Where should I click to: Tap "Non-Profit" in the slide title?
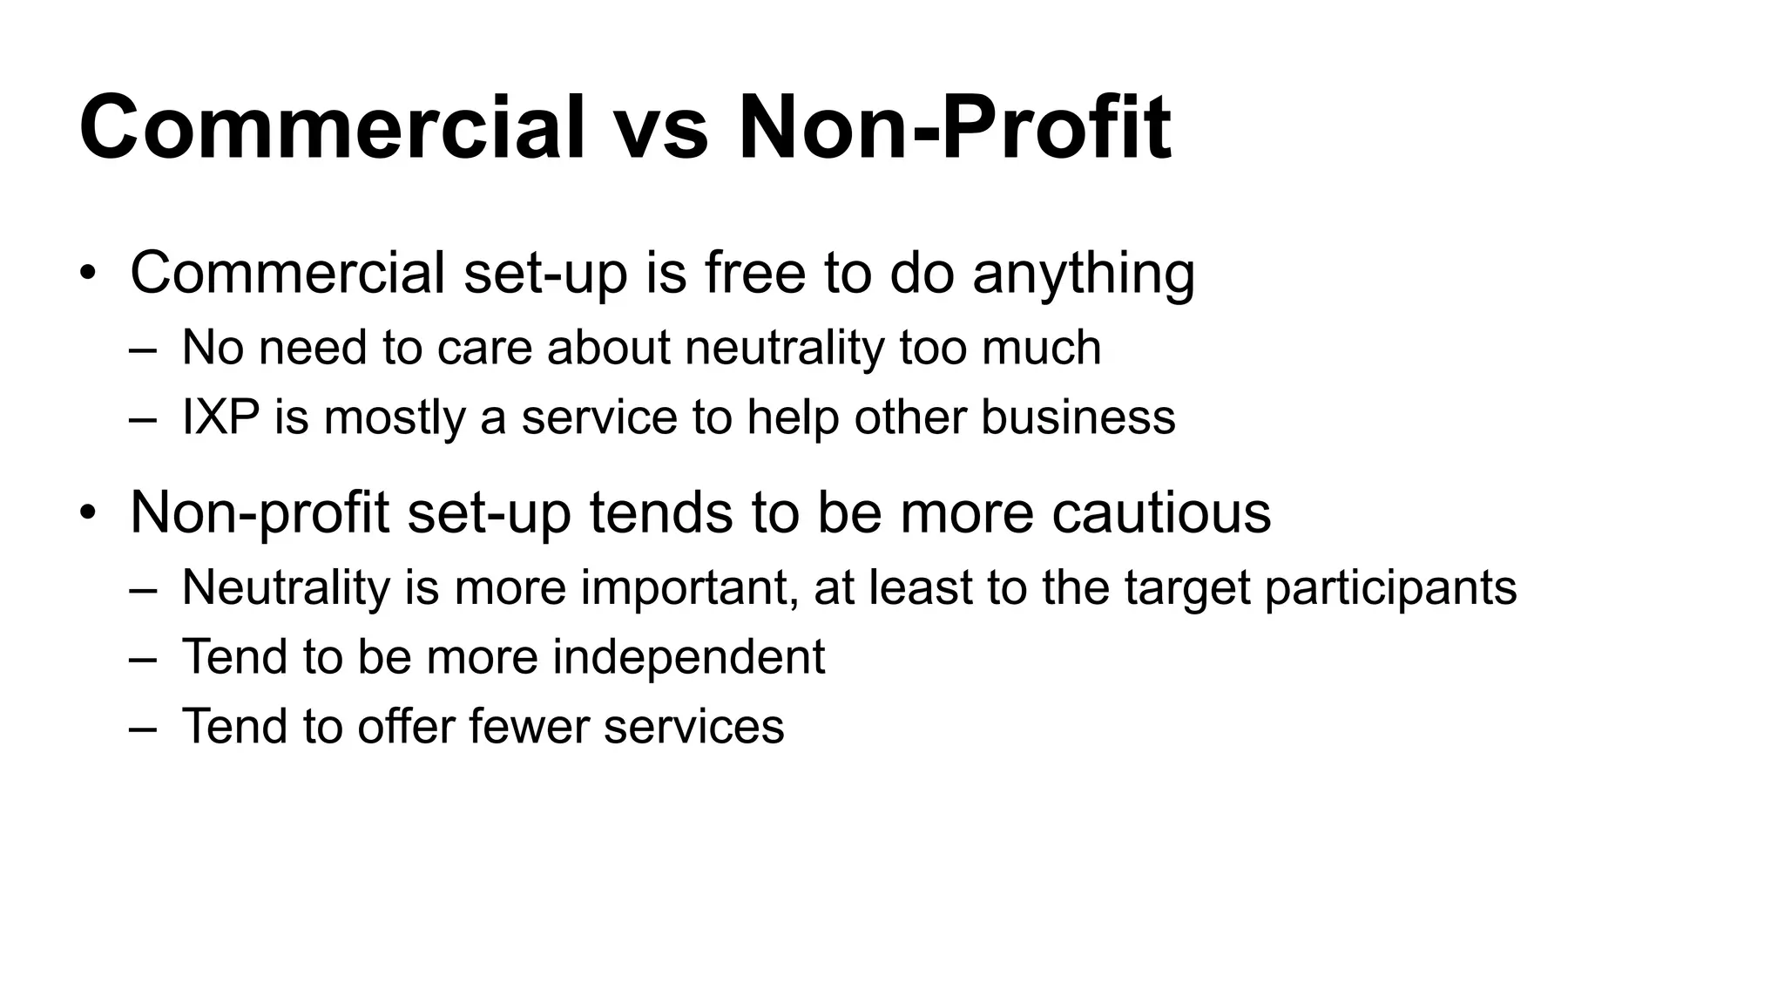[x=954, y=128]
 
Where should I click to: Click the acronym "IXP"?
[x=220, y=417]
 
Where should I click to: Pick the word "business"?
[x=1078, y=417]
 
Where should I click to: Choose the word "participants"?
[x=1390, y=587]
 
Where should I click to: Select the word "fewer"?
[x=529, y=726]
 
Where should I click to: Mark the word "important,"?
[x=689, y=587]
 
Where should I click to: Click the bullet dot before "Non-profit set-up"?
[x=87, y=513]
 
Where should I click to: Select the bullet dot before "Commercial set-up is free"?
[x=87, y=274]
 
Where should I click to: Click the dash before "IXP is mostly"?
[x=143, y=418]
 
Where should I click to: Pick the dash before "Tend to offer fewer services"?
[x=143, y=728]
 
